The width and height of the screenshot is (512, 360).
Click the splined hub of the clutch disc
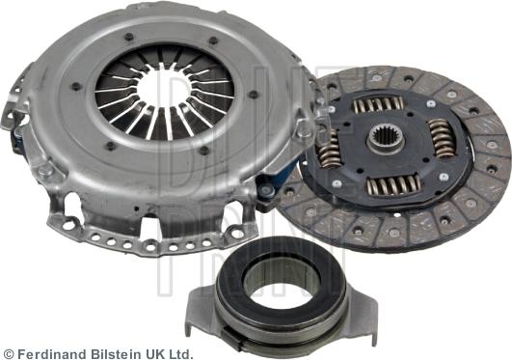(387, 139)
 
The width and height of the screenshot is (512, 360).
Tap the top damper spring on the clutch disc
(378, 104)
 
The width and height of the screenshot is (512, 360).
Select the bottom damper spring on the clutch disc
(393, 184)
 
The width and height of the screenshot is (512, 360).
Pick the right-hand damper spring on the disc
(442, 137)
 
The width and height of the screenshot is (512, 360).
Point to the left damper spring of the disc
(329, 149)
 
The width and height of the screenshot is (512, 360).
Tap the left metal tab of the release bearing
(202, 305)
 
